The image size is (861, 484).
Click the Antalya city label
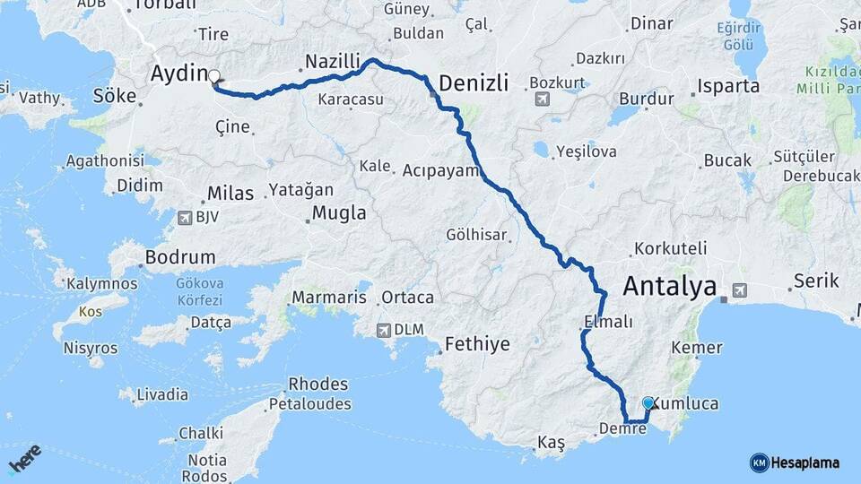click(669, 287)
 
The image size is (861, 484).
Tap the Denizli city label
click(474, 83)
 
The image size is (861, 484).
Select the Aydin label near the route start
click(179, 73)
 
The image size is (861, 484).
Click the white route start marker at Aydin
click(215, 77)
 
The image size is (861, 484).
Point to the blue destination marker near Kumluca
click(648, 404)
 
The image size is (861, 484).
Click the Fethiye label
click(477, 344)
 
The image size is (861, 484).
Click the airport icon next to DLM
click(386, 329)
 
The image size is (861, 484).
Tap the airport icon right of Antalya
click(739, 289)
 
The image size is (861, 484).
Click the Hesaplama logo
click(795, 462)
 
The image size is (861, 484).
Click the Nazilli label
click(332, 62)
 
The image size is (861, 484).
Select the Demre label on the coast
click(622, 428)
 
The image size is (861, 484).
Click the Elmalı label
click(608, 321)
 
